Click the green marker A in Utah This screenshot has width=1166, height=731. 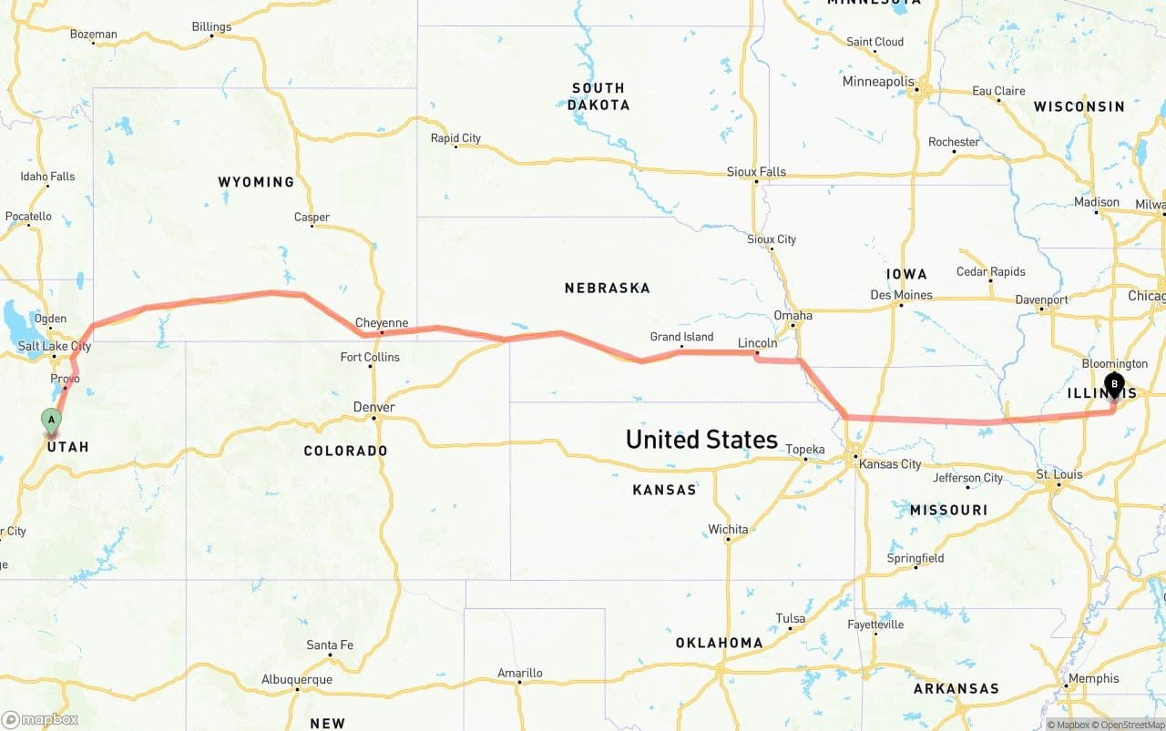[52, 421]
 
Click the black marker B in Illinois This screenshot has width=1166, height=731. [1114, 384]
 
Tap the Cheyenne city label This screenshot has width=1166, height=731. [382, 323]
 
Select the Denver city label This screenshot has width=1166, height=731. [374, 407]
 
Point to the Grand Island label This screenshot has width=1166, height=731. [681, 337]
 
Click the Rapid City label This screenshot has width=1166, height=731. [455, 138]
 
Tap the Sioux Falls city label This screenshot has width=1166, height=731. [756, 171]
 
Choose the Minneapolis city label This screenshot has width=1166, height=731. [878, 81]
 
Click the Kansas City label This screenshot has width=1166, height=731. [890, 464]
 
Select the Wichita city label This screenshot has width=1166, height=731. [728, 529]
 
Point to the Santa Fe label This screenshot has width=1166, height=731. [330, 645]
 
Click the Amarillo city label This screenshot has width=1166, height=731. [519, 673]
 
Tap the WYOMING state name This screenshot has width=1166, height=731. [256, 182]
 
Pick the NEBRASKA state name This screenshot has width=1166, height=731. [607, 288]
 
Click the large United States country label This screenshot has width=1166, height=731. [701, 439]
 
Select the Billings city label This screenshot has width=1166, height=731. [211, 26]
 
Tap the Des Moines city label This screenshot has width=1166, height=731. [901, 295]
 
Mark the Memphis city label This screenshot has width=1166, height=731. [1093, 678]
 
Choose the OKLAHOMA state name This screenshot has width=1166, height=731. [719, 643]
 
